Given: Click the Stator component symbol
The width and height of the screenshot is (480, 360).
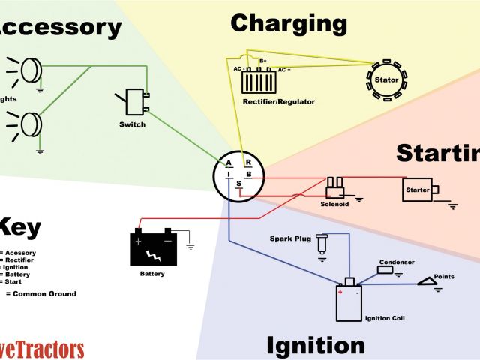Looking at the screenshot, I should coord(387,78).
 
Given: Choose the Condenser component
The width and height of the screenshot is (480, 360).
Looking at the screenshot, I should coord(385,270).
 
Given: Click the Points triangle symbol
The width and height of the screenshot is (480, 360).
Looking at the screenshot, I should coord(428,282).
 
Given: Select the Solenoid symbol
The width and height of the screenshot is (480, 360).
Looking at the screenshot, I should coord(334,185).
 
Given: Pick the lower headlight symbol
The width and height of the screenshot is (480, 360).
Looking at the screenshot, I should coord(31,122).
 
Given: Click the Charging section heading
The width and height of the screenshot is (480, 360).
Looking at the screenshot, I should coord(289,23).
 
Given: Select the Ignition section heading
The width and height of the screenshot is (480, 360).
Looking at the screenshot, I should coord(316,345).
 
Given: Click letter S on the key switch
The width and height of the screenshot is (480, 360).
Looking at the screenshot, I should coord(239,184).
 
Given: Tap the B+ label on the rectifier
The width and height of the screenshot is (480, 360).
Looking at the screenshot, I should coord(263,61).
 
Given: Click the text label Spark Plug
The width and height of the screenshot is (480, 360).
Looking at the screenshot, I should coord(289,239).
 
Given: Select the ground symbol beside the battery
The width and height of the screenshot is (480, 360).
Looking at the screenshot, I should coord(190,246).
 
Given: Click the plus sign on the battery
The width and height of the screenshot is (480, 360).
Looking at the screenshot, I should coord(139,241).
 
